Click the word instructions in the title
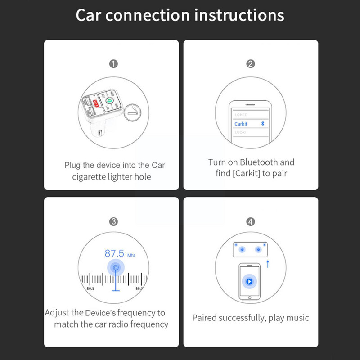[x=239, y=15]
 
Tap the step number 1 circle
[x=114, y=64]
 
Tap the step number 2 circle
[x=251, y=64]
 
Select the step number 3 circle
[x=114, y=221]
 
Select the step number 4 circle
[x=251, y=221]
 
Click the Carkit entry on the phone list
[x=241, y=124]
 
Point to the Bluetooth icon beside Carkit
[x=263, y=123]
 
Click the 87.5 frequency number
[x=114, y=253]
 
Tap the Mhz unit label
[x=131, y=255]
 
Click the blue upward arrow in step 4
[x=268, y=264]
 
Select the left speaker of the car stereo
[x=242, y=250]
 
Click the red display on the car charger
[x=95, y=102]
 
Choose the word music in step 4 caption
[x=297, y=318]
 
